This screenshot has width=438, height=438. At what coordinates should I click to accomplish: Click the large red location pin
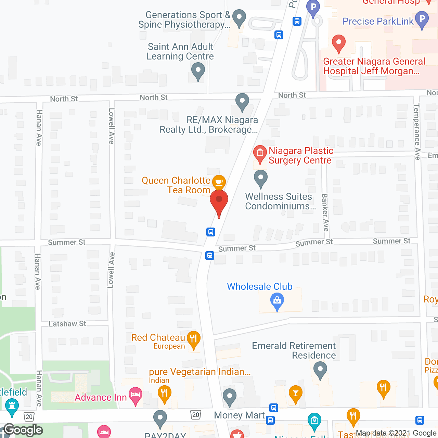tap(219, 200)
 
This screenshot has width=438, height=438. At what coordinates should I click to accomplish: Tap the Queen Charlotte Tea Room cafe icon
tap(219, 182)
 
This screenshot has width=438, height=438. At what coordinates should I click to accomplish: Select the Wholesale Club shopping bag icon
tap(277, 301)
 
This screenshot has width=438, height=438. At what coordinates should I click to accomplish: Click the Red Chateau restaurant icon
tap(194, 339)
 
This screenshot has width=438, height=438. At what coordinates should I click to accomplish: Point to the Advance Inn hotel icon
tap(136, 395)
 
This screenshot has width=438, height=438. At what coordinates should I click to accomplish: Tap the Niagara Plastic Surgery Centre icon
tap(260, 153)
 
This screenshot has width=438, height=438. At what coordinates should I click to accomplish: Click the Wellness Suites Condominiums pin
tap(261, 178)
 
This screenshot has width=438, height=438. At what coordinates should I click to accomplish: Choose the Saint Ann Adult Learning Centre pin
tap(198, 72)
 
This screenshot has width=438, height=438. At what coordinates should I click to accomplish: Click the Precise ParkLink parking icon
tap(422, 19)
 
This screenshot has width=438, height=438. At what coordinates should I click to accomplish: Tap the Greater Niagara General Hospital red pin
tap(339, 43)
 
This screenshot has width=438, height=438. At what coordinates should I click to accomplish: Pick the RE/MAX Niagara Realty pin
tap(242, 101)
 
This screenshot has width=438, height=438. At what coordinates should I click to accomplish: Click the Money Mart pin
tap(230, 396)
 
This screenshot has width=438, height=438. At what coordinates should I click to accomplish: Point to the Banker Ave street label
tap(325, 212)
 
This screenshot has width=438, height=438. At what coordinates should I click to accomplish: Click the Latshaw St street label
tap(67, 324)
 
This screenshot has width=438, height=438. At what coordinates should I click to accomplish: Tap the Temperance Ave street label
tap(417, 132)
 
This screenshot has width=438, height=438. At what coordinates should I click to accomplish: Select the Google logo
tap(23, 430)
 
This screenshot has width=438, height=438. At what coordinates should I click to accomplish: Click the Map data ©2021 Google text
tap(396, 433)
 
